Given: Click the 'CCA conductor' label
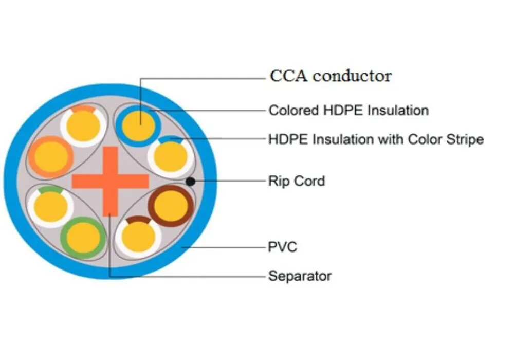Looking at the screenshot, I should coord(331,76).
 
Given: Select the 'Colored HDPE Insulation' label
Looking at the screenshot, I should coord(348,110).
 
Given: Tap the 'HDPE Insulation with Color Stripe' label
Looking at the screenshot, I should coord(376,139).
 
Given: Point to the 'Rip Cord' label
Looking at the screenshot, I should coord(297,181).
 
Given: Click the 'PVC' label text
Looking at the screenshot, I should coord(283,247).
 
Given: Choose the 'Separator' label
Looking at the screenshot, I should coord(300,276).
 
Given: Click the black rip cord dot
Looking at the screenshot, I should coord(190,181).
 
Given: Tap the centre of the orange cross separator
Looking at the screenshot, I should coord(110,181).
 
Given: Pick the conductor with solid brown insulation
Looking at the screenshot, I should coord(171,206).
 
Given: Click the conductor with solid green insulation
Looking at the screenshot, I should coord(83,238).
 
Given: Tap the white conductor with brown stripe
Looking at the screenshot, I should coord(138,237).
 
